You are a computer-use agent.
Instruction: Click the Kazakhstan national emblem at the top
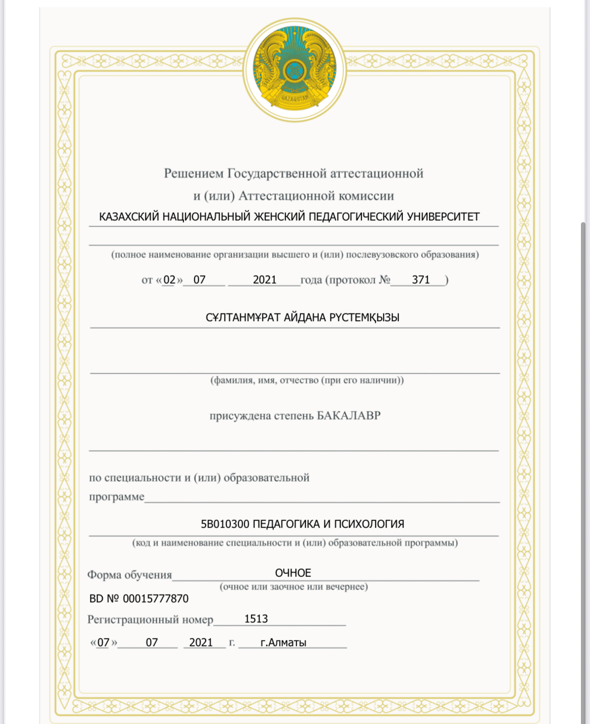(295, 69)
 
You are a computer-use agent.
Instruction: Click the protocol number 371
(421, 280)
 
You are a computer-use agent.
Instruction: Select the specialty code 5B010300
(225, 524)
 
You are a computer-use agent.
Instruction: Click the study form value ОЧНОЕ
(293, 573)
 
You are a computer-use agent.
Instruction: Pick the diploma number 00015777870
(156, 599)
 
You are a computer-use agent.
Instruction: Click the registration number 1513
(256, 619)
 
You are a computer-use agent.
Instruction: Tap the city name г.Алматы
(283, 642)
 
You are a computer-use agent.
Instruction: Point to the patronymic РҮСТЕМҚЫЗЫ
(364, 317)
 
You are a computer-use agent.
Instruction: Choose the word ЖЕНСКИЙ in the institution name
(279, 217)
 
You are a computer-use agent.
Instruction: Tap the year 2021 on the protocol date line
(265, 280)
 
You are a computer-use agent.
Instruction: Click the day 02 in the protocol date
(169, 280)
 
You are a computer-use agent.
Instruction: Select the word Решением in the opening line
(194, 174)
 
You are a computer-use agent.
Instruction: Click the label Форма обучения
(130, 575)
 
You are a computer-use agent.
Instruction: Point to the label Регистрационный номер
(150, 620)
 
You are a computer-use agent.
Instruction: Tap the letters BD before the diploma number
(96, 599)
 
